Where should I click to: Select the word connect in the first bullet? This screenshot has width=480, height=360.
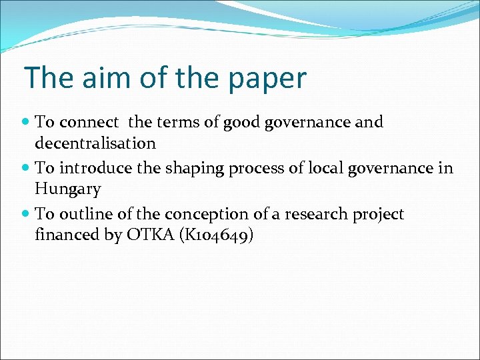89,123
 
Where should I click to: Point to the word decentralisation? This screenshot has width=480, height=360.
95,143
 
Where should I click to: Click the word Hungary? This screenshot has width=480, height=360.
68,190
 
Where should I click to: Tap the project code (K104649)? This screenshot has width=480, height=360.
221,235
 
